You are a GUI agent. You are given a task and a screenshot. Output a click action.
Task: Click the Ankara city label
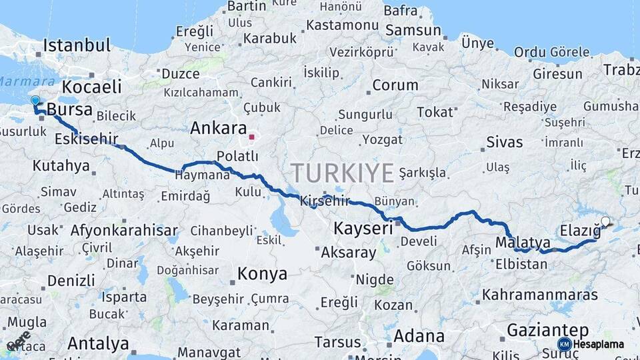218,128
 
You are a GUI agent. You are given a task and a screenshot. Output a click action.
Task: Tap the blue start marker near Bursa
35,101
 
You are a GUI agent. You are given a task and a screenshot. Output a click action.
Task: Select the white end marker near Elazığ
605,221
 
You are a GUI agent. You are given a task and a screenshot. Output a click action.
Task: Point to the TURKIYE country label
342,173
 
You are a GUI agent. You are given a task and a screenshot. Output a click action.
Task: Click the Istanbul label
77,46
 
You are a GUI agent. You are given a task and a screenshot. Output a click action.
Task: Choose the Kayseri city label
363,229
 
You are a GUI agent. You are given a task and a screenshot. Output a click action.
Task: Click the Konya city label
262,274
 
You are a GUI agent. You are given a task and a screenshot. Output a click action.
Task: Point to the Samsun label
413,30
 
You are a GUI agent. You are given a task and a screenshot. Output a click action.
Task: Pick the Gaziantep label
547,330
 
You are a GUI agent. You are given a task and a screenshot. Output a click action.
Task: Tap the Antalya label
98,344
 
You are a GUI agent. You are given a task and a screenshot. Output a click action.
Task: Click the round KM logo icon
564,344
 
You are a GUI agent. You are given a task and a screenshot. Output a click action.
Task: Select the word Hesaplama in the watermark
599,344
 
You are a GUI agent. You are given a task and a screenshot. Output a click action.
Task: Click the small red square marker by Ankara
251,138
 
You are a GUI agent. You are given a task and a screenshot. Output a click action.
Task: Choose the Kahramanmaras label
540,294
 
